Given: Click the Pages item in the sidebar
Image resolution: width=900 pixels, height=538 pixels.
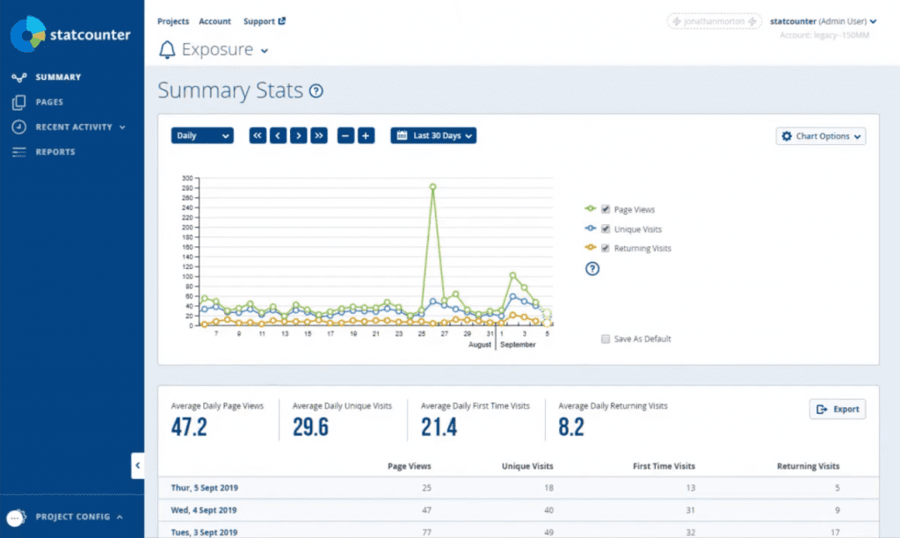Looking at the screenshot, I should pos(48,102).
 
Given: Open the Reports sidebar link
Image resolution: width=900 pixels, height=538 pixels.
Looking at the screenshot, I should pos(54,152).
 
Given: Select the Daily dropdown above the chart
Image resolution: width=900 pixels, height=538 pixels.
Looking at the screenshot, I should pos(202,135).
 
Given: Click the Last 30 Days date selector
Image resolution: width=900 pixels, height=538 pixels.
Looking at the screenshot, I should pos(434,135).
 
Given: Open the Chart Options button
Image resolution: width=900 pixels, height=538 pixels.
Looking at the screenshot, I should pos(821,136).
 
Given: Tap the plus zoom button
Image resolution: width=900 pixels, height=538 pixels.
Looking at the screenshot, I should pos(367,135).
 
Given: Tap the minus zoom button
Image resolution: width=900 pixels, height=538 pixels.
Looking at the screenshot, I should pos(345,135).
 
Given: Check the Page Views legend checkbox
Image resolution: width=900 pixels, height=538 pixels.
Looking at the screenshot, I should pos(606,209).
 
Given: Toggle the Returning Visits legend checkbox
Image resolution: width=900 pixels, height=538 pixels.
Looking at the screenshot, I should pos(606,248).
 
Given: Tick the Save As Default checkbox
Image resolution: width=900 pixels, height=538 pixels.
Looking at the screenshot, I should pos(606,338).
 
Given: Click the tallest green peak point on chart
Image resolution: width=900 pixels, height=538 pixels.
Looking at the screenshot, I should pos(432,186).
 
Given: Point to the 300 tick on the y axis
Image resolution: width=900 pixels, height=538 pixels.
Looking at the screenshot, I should pos(186,178).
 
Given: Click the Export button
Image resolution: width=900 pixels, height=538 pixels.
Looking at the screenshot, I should pos(838,410).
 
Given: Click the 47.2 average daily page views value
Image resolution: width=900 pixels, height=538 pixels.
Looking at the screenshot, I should pos(189,427).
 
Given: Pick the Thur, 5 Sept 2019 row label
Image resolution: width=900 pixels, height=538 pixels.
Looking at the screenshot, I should pos(205,488).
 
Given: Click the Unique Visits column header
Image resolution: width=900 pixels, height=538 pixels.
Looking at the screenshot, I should pos(526,466).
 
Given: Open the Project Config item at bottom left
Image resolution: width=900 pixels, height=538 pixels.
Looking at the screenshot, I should pos(72,517).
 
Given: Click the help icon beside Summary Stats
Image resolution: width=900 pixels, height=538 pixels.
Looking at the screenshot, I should pos(316,91).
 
